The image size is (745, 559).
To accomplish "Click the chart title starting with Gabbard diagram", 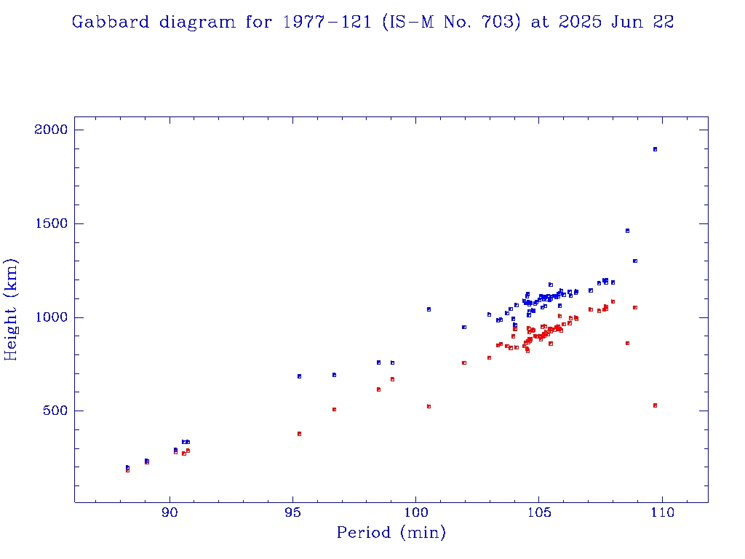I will tap(372, 23).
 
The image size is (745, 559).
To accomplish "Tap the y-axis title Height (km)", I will tap(12, 309).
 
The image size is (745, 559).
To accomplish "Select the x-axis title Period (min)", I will tap(391, 533).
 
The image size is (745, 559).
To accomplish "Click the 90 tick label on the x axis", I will tap(170, 512).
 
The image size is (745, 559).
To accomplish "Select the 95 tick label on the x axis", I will tap(292, 512).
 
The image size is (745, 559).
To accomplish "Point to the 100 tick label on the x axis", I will tap(415, 512).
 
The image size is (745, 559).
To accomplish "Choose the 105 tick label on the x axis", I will tap(538, 512).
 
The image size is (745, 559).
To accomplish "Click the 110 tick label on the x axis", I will tap(661, 512).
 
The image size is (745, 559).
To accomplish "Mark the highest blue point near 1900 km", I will tap(655, 149).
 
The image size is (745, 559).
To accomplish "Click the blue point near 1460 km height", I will tap(627, 231).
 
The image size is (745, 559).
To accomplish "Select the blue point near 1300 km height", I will tap(635, 261).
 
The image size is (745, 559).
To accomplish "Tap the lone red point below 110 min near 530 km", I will tap(655, 405).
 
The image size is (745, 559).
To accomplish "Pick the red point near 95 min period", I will tap(299, 434).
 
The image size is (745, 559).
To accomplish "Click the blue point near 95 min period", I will tap(299, 376).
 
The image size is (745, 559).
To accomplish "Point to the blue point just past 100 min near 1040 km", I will tap(429, 309).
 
